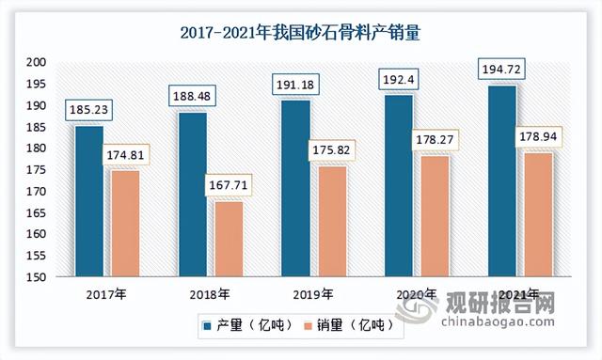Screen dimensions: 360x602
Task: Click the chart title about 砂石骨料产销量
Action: pyautogui.click(x=300, y=32)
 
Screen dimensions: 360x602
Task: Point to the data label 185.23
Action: pyautogui.click(x=89, y=110)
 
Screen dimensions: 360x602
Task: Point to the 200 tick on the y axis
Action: pyautogui.click(x=38, y=62)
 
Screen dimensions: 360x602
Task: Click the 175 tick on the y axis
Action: pyautogui.click(x=38, y=170)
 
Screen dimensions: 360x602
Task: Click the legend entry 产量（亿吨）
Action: pyautogui.click(x=246, y=326)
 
